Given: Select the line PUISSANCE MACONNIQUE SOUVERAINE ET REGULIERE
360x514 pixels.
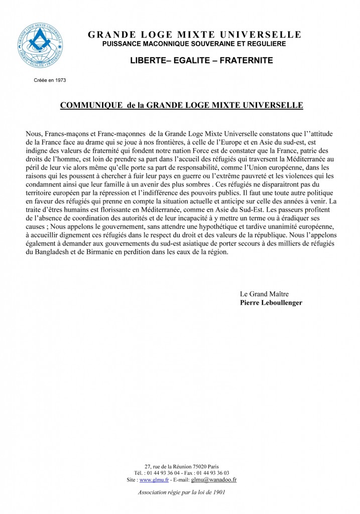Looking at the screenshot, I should [194, 44].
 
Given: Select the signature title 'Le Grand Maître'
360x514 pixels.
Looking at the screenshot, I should [264, 294].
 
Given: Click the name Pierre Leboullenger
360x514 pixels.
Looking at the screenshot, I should [271, 303].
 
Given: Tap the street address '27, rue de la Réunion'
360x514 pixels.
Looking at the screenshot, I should [167, 466].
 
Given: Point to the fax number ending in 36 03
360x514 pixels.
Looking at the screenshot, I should [213, 473].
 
